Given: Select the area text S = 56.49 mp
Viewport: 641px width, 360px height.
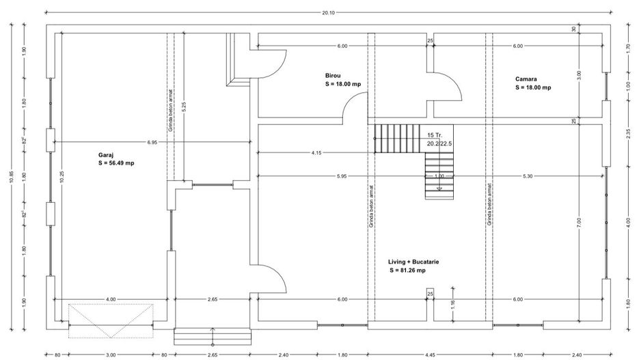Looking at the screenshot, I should click(x=117, y=164).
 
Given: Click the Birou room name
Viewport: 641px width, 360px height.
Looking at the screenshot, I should click(x=333, y=75).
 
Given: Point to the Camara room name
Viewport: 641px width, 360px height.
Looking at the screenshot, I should click(x=526, y=79).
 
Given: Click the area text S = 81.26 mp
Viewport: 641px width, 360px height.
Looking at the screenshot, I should click(x=408, y=271).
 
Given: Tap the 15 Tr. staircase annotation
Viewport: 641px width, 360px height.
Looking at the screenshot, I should click(x=435, y=135).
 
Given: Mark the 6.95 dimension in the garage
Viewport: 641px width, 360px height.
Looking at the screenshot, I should click(x=151, y=141).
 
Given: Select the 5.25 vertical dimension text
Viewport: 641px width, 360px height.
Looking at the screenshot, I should click(x=184, y=107).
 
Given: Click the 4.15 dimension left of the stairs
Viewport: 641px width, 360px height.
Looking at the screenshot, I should click(x=316, y=152).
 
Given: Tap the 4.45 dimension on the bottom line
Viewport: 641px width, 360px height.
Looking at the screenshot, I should click(x=431, y=355).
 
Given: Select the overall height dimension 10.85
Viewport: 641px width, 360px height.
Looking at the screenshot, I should click(x=12, y=177).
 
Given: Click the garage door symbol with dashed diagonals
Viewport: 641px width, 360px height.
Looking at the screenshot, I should click(x=110, y=320).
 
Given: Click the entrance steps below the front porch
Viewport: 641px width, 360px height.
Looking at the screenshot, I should click(x=213, y=336).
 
